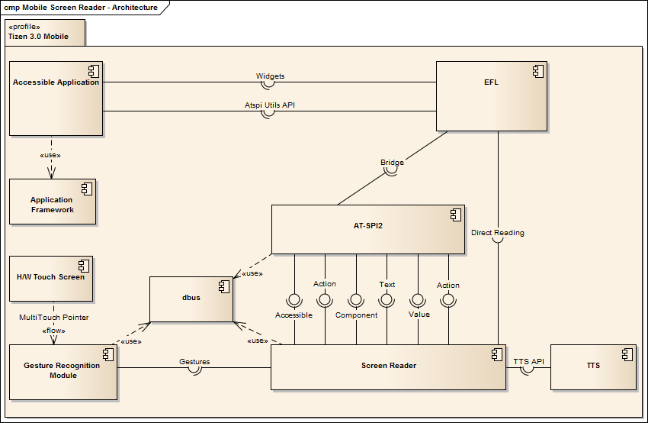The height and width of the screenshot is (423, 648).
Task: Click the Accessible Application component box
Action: (x=56, y=98)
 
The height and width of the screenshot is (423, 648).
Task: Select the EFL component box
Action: (x=491, y=96)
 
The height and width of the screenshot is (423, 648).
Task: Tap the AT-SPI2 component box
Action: (x=367, y=229)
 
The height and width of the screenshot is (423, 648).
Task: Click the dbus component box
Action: (x=191, y=299)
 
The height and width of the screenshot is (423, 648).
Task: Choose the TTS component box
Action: (x=592, y=366)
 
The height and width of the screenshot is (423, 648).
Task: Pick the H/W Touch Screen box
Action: (x=50, y=278)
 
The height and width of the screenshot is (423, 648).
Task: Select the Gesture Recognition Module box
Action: (x=63, y=371)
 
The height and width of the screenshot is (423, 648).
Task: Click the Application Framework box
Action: (x=52, y=202)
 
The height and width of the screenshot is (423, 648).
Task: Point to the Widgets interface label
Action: (x=271, y=76)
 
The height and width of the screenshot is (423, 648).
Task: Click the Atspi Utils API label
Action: (x=270, y=105)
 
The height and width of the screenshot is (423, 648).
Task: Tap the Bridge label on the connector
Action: (x=392, y=162)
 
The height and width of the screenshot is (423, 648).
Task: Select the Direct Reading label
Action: (x=498, y=232)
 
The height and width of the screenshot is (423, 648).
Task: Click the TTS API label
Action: (x=528, y=361)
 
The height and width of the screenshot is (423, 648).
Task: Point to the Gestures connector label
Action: (x=194, y=361)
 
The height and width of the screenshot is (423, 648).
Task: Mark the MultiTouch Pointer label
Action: (x=54, y=316)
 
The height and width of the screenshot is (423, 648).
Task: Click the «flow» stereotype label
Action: (x=53, y=331)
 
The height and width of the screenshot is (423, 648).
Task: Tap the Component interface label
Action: (x=356, y=315)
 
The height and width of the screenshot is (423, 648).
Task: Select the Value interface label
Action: (x=419, y=314)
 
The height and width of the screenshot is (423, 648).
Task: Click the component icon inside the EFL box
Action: (x=536, y=70)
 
